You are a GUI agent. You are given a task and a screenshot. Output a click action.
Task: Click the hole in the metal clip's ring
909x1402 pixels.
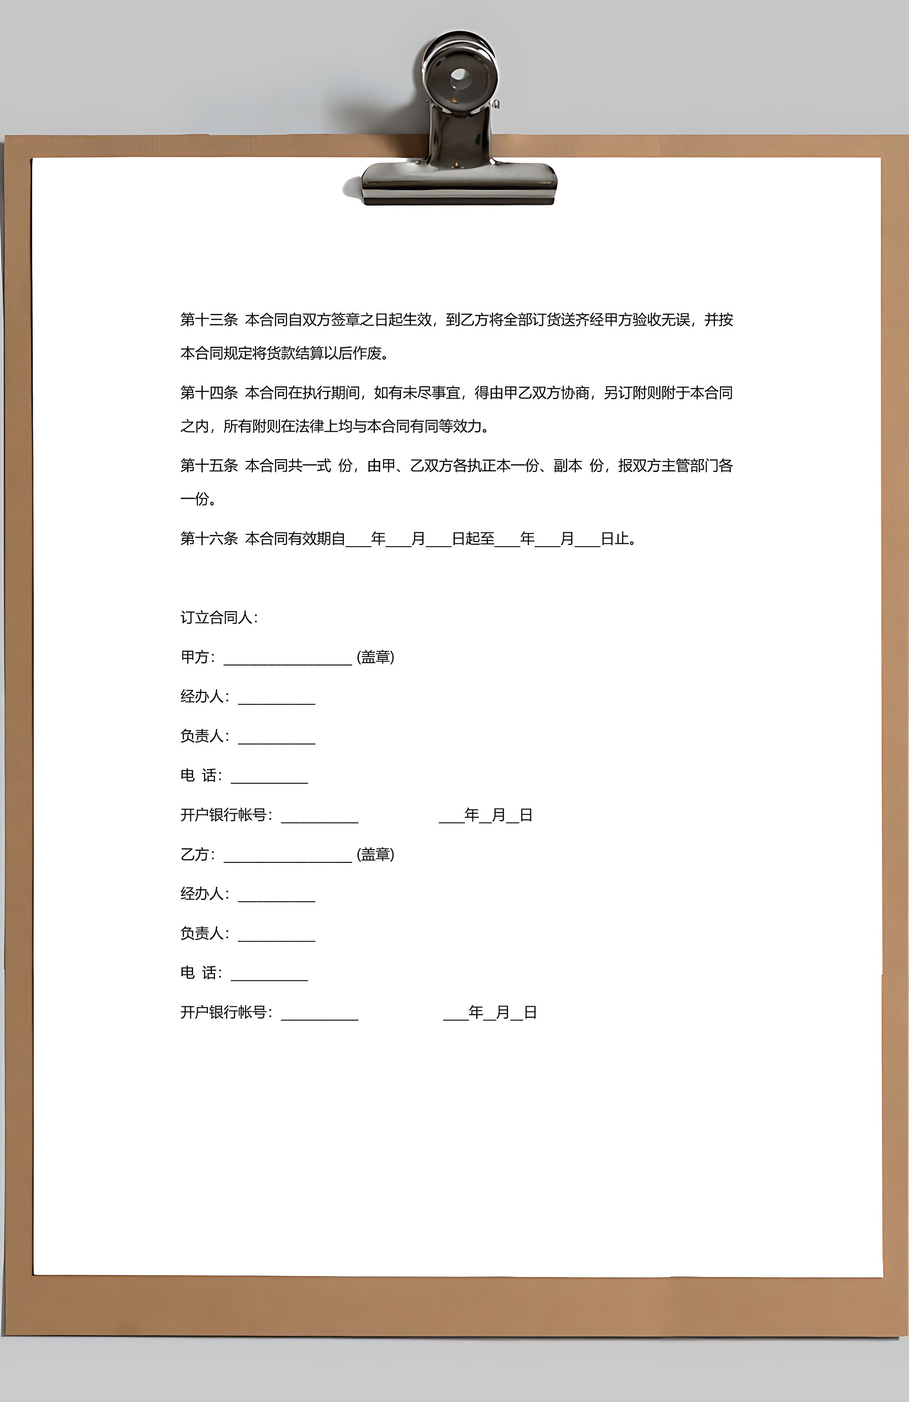tap(460, 77)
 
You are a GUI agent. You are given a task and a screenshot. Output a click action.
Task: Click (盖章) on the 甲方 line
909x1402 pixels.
tap(375, 657)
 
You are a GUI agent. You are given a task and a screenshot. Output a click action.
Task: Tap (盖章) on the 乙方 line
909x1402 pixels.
tap(375, 854)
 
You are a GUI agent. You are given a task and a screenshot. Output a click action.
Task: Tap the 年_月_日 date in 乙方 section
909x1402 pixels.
tap(490, 1012)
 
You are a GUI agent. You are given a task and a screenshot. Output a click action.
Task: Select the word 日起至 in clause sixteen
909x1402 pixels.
tap(472, 539)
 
